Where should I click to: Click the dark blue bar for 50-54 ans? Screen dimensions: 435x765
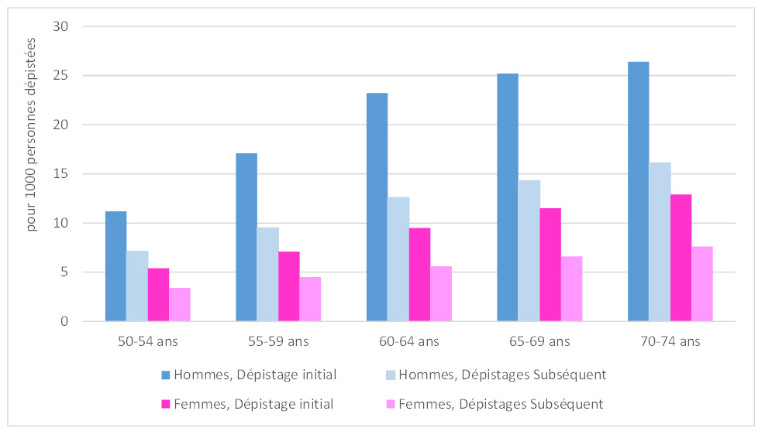tap(115, 266)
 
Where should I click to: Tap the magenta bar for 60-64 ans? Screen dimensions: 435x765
tap(420, 275)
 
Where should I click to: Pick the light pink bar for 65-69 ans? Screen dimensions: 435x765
tap(572, 289)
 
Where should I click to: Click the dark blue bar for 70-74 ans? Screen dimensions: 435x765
tap(638, 192)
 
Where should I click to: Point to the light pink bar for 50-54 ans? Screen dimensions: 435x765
tap(180, 305)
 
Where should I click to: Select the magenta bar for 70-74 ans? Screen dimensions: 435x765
tap(681, 258)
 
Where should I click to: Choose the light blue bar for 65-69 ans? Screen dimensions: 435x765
tap(529, 251)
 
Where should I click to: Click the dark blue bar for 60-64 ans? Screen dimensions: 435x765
tap(377, 207)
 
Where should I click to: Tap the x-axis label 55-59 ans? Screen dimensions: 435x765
tap(279, 341)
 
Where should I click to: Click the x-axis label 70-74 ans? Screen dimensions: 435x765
tap(670, 341)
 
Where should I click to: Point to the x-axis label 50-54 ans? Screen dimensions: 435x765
tap(148, 341)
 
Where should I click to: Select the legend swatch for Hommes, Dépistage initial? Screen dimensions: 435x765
tap(165, 375)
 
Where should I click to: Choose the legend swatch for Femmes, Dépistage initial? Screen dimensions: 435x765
tap(165, 404)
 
